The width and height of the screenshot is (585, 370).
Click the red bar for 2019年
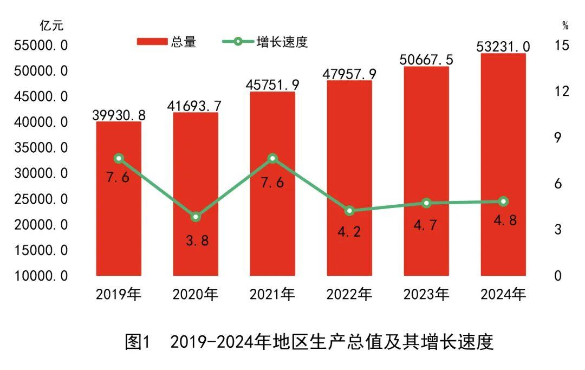click(x=119, y=217)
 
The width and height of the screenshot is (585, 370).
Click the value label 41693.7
click(x=196, y=105)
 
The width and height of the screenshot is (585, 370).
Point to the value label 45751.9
click(x=272, y=85)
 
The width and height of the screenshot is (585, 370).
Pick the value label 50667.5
click(x=426, y=59)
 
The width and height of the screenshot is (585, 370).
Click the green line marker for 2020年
click(x=196, y=217)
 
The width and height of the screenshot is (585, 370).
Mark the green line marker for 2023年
click(x=426, y=203)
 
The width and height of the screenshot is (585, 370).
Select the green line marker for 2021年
click(x=272, y=158)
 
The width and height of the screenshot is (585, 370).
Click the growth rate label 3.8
click(x=197, y=241)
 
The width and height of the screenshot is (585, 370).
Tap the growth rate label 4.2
click(x=349, y=232)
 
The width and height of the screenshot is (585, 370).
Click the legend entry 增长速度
click(x=265, y=42)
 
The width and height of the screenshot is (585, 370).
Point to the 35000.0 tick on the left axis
click(x=41, y=148)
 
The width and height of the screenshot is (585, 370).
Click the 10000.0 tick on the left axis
click(x=41, y=276)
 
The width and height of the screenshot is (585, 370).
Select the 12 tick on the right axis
click(x=562, y=91)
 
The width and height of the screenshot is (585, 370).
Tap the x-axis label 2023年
click(x=426, y=294)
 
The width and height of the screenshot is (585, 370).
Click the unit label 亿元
click(x=51, y=25)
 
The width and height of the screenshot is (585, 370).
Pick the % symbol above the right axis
click(x=565, y=25)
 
